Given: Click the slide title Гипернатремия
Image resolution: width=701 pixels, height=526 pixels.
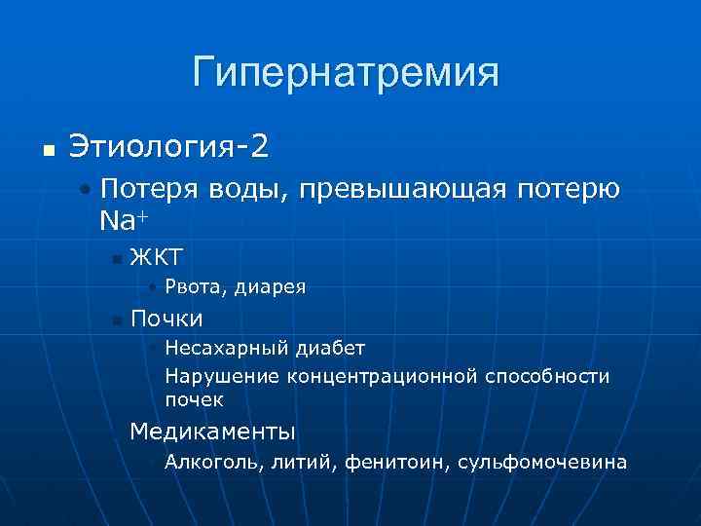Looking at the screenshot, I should [346, 73].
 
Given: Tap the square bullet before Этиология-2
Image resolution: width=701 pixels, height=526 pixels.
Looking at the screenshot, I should [47, 153].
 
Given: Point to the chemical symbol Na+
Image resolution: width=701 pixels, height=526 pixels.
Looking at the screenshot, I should [120, 219].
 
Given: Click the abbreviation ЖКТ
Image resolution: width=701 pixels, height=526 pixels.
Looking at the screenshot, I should [157, 257].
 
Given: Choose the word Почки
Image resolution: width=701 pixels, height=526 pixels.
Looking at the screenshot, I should [166, 319].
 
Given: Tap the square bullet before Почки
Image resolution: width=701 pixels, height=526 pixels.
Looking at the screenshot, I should [116, 320].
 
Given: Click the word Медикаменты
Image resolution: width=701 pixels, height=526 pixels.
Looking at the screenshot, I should [212, 431].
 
